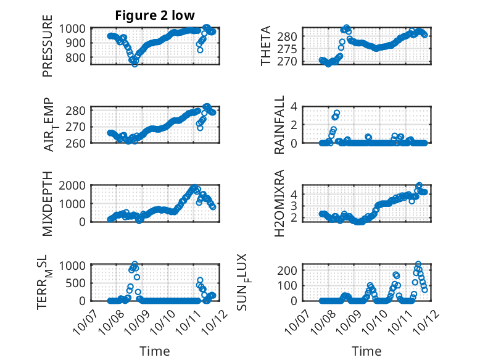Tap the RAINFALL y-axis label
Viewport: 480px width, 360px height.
click(279, 125)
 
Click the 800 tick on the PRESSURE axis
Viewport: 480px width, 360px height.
click(78, 57)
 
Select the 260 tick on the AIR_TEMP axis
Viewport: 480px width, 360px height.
click(78, 143)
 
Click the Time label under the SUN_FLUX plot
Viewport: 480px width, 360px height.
click(366, 351)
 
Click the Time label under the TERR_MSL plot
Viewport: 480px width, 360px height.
click(154, 351)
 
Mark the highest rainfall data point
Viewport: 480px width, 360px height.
click(337, 113)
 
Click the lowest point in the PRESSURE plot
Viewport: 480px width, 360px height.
click(134, 64)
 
